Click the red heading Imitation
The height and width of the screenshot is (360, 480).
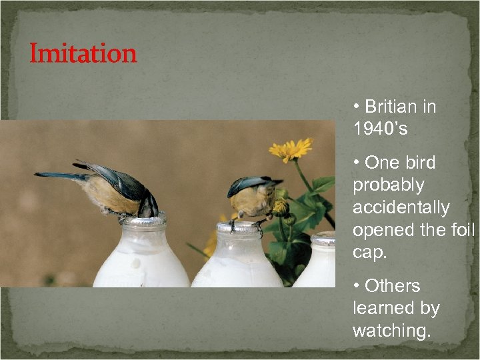[83, 54]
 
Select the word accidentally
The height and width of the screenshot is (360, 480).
[401, 207]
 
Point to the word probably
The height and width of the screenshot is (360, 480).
[388, 185]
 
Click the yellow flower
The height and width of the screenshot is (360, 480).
[291, 150]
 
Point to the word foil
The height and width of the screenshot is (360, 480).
[461, 231]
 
